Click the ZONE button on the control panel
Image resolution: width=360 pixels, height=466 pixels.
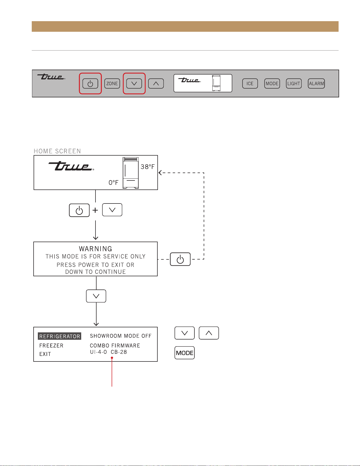112,84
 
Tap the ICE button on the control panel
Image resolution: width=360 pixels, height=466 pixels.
250,84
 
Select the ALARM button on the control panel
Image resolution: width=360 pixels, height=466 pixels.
316,84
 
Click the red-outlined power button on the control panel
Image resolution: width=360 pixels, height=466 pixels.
90,84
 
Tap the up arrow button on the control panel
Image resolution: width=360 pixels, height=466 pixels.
156,84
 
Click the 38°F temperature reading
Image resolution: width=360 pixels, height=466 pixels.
148,167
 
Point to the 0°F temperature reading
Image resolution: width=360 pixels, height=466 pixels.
113,183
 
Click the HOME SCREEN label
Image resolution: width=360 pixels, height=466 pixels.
57,151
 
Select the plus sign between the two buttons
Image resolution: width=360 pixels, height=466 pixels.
95,210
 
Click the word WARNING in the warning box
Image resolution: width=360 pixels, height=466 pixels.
95,249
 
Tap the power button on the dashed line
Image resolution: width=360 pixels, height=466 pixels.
180,259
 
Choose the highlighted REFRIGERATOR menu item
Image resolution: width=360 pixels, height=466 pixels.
60,336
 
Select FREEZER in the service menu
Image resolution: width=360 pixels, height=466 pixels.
51,346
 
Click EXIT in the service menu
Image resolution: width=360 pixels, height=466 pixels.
45,354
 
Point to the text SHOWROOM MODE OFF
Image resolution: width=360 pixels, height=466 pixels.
121,336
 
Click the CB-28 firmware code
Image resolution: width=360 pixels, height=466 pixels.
119,352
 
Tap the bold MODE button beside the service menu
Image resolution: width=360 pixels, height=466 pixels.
185,353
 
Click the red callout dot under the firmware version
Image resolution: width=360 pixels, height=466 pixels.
112,358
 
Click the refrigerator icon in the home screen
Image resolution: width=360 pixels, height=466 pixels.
131,173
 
